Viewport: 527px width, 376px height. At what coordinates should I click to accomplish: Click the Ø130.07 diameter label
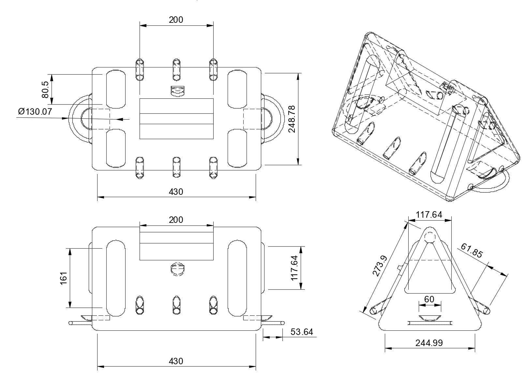pos(35,111)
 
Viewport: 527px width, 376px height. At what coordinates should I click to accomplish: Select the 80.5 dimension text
pos(45,90)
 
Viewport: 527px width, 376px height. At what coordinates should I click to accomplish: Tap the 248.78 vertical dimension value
pos(292,119)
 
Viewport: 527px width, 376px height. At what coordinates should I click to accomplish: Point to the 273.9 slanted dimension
pos(380,266)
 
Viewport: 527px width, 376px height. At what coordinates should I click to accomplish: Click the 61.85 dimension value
pos(472,250)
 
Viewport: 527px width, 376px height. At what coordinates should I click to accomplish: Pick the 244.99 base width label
pos(429,343)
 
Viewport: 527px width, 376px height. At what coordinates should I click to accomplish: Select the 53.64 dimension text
pos(302,332)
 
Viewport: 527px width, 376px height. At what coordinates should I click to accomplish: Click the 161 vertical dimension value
pos(64,278)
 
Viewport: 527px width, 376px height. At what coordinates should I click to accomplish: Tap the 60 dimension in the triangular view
pos(429,299)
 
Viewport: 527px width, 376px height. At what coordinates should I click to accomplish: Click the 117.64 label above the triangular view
pos(429,215)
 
